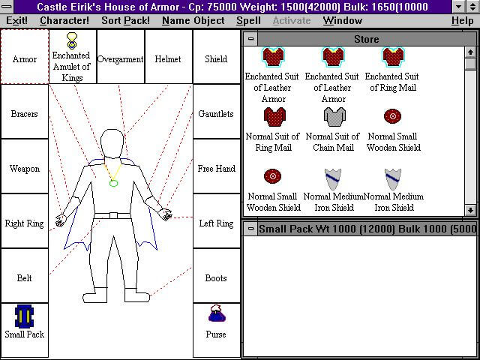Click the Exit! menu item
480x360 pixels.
tap(16, 20)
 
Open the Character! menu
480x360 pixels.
tap(64, 20)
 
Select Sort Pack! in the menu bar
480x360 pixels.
tap(125, 20)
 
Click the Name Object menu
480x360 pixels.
tap(193, 20)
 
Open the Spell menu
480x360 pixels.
tap(248, 20)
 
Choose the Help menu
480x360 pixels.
tap(462, 20)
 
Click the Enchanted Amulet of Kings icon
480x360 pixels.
tap(72, 40)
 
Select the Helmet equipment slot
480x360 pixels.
tap(168, 57)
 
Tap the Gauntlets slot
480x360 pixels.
tap(216, 112)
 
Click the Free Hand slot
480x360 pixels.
tap(216, 166)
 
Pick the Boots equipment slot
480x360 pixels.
tap(216, 275)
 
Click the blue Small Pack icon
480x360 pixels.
tap(24, 316)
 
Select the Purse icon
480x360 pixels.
tap(217, 313)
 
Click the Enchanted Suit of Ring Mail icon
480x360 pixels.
tap(393, 57)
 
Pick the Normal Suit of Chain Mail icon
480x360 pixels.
tap(334, 117)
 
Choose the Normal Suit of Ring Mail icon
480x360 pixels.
tap(274, 117)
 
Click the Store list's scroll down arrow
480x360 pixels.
tap(470, 210)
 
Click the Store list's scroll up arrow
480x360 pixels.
tap(470, 52)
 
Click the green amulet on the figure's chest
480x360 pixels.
tap(113, 183)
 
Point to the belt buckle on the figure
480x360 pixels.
tap(113, 215)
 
